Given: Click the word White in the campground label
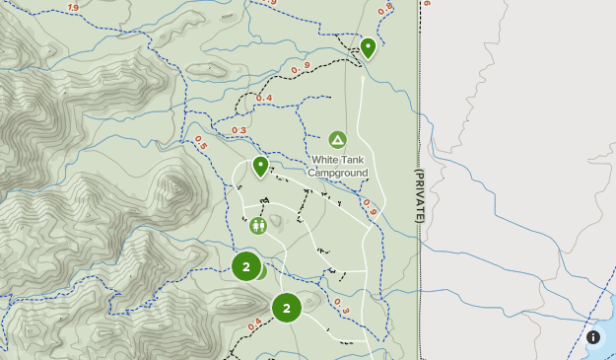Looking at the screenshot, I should point(323,160).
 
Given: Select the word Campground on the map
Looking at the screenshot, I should point(338,173).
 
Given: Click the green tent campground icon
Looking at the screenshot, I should point(337,140).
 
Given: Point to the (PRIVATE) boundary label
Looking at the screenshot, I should point(418,193).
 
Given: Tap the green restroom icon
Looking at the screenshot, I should point(258,225).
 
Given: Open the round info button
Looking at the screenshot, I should point(593,337).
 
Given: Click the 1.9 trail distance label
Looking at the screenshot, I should point(73,8).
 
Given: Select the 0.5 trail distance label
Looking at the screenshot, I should point(201,143).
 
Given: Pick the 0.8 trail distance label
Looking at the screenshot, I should point(385,7).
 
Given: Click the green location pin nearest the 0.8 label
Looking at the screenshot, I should point(368,46).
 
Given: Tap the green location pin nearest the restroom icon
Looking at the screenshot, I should point(260,166).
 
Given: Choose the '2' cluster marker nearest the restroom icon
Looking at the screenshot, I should point(246,266).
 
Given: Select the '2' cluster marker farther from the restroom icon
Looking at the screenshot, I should point(286,308).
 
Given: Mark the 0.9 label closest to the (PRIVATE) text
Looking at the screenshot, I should point(370,207).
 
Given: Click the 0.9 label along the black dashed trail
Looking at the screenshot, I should point(301,68).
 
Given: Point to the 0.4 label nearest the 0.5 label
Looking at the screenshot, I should point(263,98).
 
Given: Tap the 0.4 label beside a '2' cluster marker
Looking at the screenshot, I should point(254,323).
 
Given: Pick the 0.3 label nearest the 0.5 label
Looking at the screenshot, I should point(240,130).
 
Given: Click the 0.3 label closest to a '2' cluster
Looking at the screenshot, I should point(341,306).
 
